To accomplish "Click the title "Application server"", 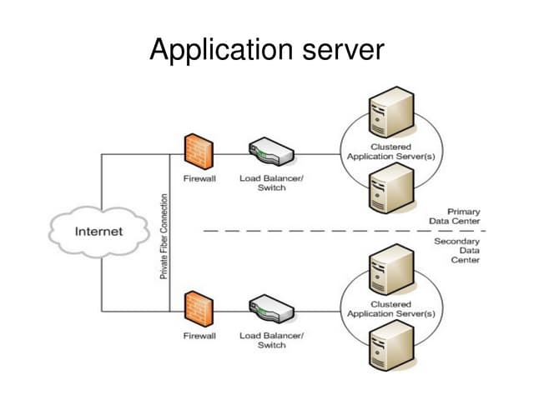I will click(267, 51).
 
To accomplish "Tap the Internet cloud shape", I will click(98, 232).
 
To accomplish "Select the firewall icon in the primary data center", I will click(199, 150).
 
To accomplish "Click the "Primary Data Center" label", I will click(457, 217).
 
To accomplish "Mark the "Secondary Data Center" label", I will click(457, 250).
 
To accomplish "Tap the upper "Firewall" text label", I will click(199, 178).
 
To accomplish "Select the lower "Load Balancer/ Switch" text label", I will click(271, 340).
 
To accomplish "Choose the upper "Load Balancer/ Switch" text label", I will click(271, 182).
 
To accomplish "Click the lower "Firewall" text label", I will click(199, 336).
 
